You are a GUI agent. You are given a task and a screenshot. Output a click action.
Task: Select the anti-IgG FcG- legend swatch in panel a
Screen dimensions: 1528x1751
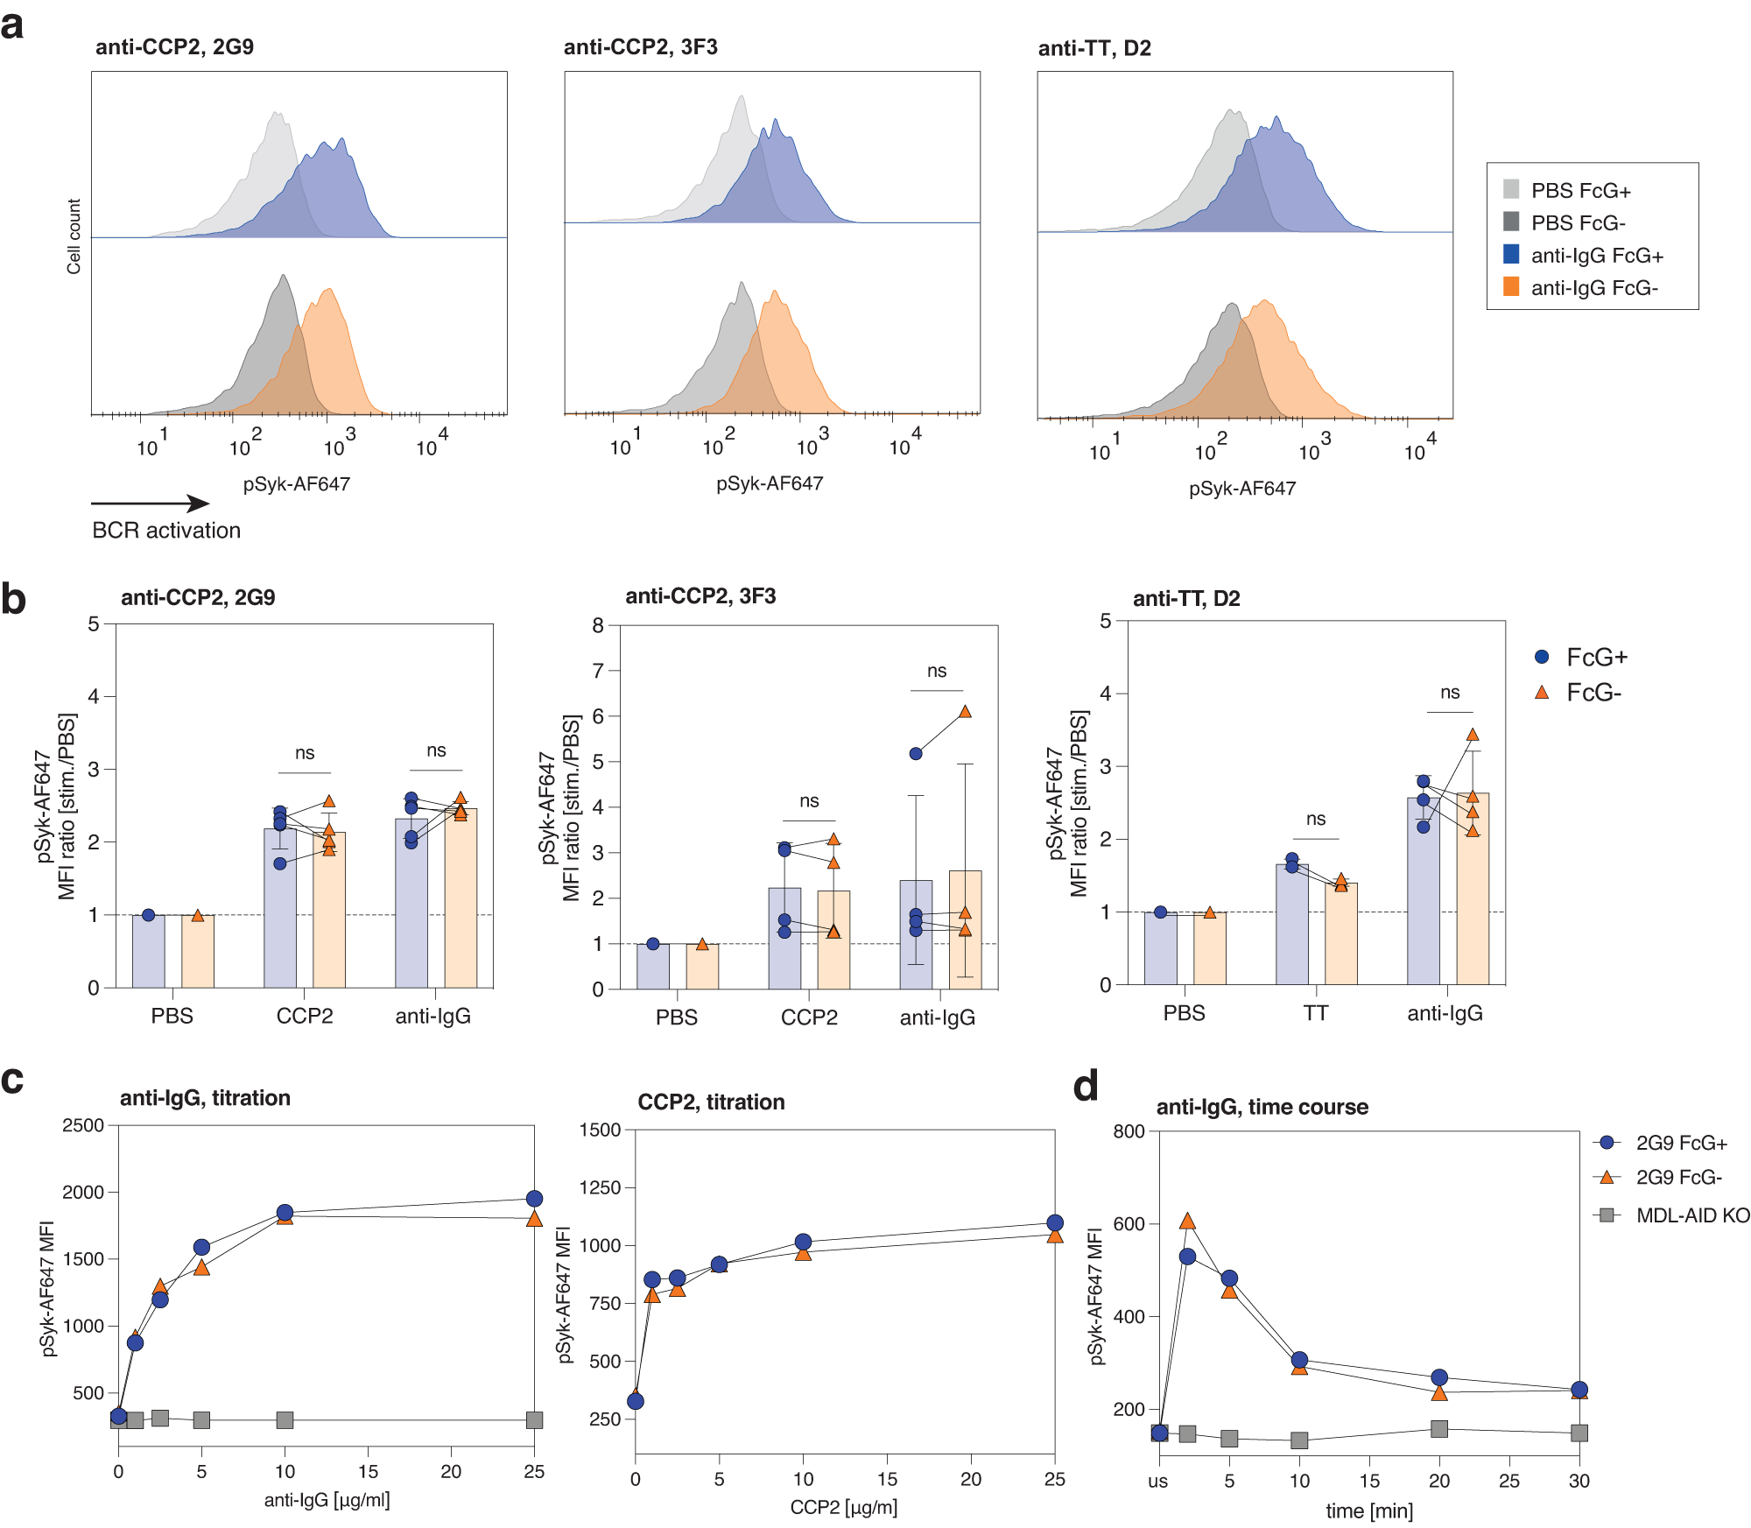(1511, 286)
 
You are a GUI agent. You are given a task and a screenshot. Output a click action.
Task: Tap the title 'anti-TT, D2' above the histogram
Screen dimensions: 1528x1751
(1094, 48)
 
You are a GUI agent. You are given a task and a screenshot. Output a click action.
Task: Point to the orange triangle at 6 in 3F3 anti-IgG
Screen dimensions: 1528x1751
(965, 712)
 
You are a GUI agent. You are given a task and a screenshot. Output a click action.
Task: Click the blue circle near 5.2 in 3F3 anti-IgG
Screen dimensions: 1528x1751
(916, 753)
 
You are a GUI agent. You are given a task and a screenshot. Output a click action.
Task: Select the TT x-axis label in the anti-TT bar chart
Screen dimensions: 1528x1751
(1315, 1013)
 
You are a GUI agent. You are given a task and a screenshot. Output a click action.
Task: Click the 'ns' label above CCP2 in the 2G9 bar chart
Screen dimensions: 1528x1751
(305, 753)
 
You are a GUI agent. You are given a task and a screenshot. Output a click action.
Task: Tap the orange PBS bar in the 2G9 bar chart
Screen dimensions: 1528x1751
(198, 952)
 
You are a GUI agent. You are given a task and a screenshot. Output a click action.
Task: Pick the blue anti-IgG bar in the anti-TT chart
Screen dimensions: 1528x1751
(1424, 893)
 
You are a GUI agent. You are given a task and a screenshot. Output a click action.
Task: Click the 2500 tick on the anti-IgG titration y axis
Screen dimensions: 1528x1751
(83, 1125)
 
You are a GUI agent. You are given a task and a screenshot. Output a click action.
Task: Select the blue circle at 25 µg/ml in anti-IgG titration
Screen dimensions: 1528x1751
(534, 1198)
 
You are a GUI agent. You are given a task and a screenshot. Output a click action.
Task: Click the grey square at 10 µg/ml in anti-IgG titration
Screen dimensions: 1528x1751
(285, 1419)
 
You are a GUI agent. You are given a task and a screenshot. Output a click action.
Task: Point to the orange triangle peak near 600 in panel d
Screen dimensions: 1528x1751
(1187, 1222)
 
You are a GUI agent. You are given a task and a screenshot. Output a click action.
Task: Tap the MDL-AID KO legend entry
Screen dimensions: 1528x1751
(1691, 1215)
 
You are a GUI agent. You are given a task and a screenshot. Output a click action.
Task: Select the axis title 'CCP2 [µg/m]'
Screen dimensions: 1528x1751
(844, 1507)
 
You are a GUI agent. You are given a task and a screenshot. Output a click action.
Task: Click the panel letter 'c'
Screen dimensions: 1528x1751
(12, 1081)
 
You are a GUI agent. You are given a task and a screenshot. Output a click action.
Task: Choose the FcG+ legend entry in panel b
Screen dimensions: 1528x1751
(1596, 657)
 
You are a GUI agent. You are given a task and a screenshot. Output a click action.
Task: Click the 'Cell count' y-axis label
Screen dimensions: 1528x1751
(74, 236)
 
